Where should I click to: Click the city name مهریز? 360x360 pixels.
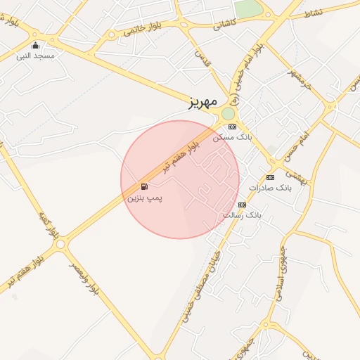coord(205,103)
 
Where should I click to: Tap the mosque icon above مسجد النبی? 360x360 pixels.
coord(36,46)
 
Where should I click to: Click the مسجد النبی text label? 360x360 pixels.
coord(35,56)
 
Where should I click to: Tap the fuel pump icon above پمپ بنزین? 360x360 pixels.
coord(144,186)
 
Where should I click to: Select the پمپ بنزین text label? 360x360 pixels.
coord(144,199)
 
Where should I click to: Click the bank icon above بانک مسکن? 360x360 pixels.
coord(233,127)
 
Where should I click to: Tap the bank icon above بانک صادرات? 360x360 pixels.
coord(271,178)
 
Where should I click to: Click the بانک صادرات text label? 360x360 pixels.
coord(270,188)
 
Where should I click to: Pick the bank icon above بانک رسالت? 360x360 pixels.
coord(242,205)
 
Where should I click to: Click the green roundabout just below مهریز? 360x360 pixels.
coord(228,114)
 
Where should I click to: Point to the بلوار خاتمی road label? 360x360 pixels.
coord(143,28)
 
